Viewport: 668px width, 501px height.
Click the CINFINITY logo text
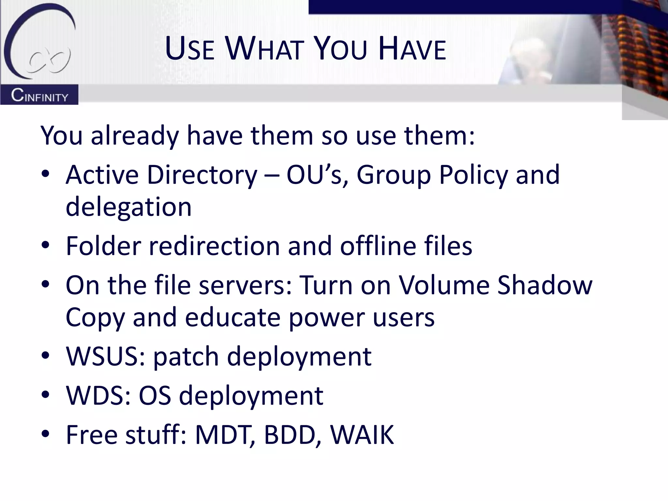tap(39, 96)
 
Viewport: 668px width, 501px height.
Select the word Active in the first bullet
tap(102, 175)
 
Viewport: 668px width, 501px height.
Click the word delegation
tap(129, 207)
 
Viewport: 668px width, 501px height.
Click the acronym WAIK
tap(362, 435)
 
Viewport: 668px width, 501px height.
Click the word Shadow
tap(545, 285)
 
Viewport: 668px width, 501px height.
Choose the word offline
tap(378, 246)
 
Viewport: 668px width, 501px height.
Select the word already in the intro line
tap(135, 136)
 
